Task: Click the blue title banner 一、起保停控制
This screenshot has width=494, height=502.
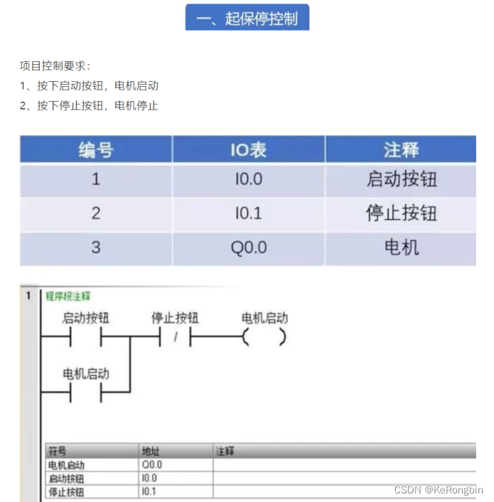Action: pyautogui.click(x=247, y=19)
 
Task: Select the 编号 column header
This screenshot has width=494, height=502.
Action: pyautogui.click(x=96, y=150)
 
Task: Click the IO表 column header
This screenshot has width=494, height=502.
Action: pyautogui.click(x=248, y=150)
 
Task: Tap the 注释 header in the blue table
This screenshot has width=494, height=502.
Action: pyautogui.click(x=401, y=150)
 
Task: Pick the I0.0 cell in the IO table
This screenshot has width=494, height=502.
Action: pyautogui.click(x=248, y=179)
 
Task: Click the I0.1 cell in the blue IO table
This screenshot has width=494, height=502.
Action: pyautogui.click(x=248, y=214)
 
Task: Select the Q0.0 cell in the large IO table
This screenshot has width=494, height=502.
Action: pyautogui.click(x=248, y=248)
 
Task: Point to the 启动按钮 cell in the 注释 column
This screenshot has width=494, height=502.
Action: pyautogui.click(x=401, y=179)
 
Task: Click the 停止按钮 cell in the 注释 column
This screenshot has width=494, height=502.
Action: pyautogui.click(x=401, y=214)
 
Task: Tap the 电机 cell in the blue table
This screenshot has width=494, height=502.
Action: pyautogui.click(x=401, y=248)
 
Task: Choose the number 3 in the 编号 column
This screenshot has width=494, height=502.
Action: pyautogui.click(x=96, y=248)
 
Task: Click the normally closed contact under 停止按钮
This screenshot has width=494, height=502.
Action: pyautogui.click(x=175, y=338)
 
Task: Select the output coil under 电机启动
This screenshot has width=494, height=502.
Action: pyautogui.click(x=264, y=338)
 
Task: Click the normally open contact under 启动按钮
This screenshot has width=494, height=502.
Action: pyautogui.click(x=86, y=338)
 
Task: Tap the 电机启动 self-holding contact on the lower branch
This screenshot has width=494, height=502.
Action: pyautogui.click(x=86, y=392)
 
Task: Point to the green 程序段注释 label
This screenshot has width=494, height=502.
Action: pyautogui.click(x=68, y=296)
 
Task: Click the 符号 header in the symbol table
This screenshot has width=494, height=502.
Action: pyautogui.click(x=57, y=451)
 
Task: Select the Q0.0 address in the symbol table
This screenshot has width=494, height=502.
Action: pyautogui.click(x=154, y=464)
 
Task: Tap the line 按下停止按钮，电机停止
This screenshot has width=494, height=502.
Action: pyautogui.click(x=88, y=106)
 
